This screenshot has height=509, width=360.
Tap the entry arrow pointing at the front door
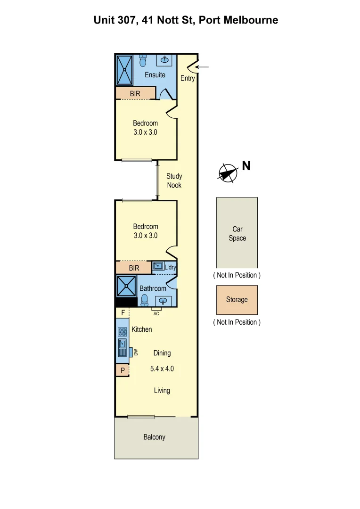202,67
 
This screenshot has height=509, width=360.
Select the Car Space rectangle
237,233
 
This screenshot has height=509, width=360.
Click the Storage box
237,300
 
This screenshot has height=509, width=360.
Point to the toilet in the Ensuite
143,61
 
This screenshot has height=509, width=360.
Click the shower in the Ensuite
125,70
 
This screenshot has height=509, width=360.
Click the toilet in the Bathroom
145,300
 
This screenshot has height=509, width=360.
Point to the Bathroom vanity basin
164,301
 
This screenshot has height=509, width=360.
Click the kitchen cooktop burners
123,331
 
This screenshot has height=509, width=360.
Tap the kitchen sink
123,344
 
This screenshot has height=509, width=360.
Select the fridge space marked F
123,312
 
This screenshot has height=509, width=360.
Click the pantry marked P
123,370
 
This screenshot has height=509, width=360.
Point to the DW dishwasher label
135,352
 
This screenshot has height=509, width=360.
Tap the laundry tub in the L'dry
158,266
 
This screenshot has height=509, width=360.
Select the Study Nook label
174,181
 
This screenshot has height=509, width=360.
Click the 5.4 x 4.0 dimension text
162,369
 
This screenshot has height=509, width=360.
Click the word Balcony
155,437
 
